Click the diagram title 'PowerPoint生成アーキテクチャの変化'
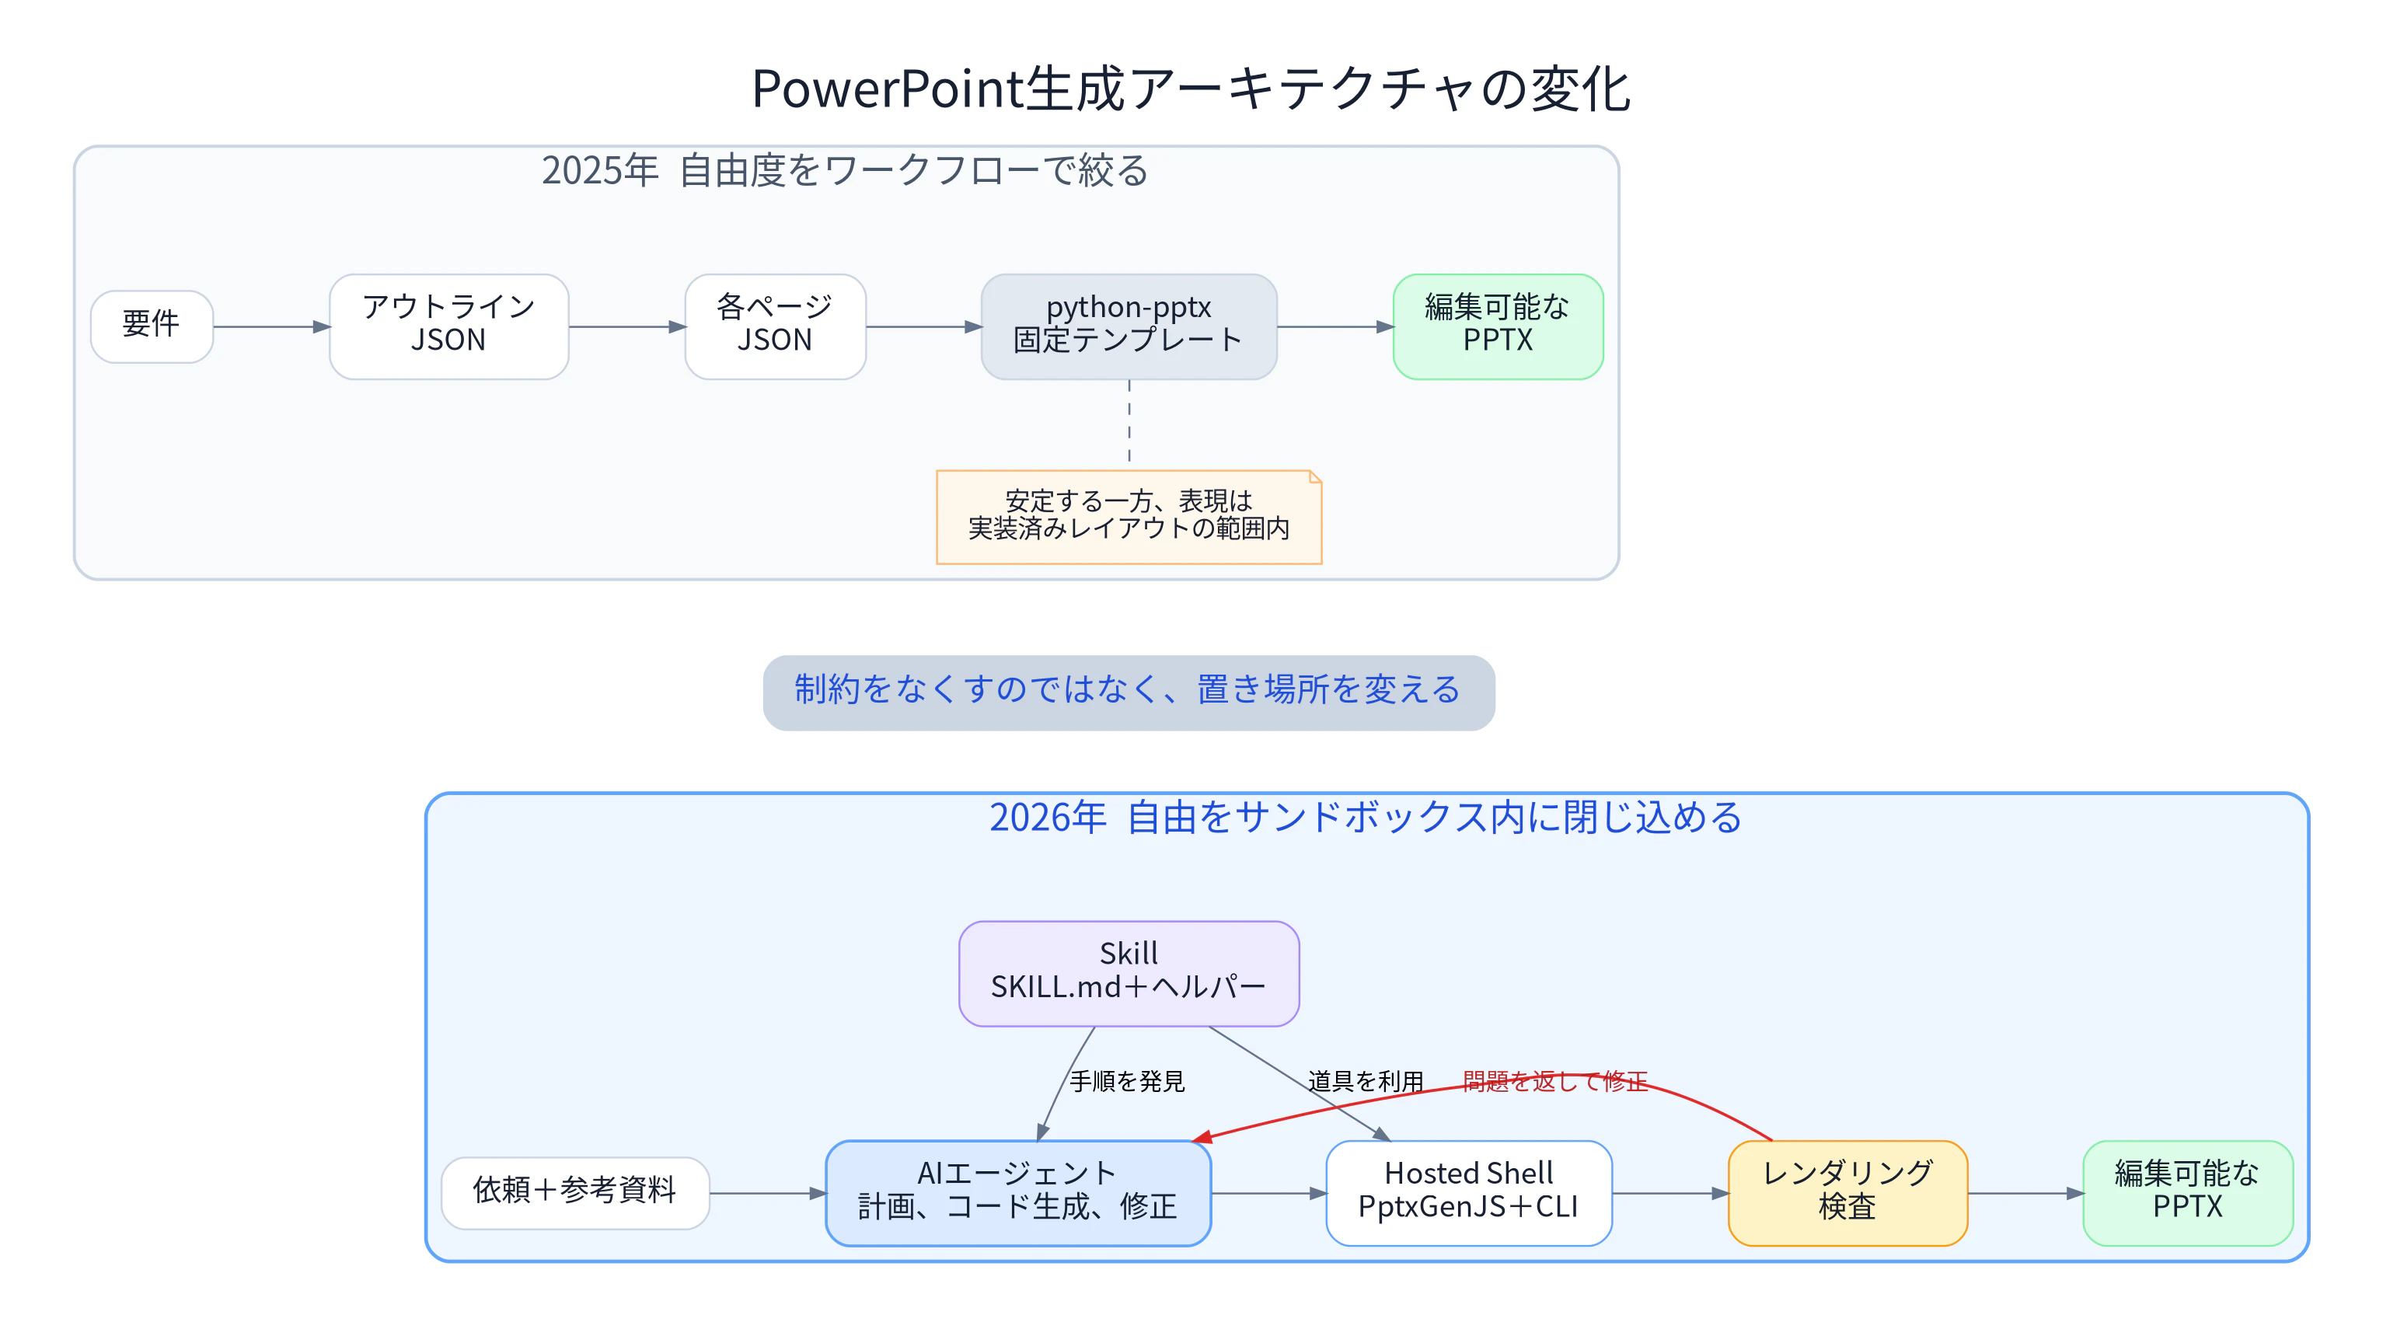coord(1191,89)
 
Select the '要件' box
coord(152,326)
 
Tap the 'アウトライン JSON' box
coord(448,326)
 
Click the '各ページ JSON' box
coord(775,326)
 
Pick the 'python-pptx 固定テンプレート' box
coord(1129,326)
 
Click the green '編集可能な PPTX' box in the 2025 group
coord(1498,326)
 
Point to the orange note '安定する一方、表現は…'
coord(1129,516)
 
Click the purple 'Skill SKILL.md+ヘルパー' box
coord(1129,973)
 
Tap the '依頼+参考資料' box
coord(575,1192)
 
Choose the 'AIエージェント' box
coord(1017,1192)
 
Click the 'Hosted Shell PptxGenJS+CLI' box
coord(1469,1192)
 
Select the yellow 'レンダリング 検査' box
coord(1847,1192)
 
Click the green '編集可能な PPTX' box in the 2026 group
coord(2188,1192)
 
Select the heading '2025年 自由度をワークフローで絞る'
coord(845,171)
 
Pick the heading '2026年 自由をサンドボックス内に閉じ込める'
coord(1366,818)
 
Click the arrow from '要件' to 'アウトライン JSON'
coord(272,326)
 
